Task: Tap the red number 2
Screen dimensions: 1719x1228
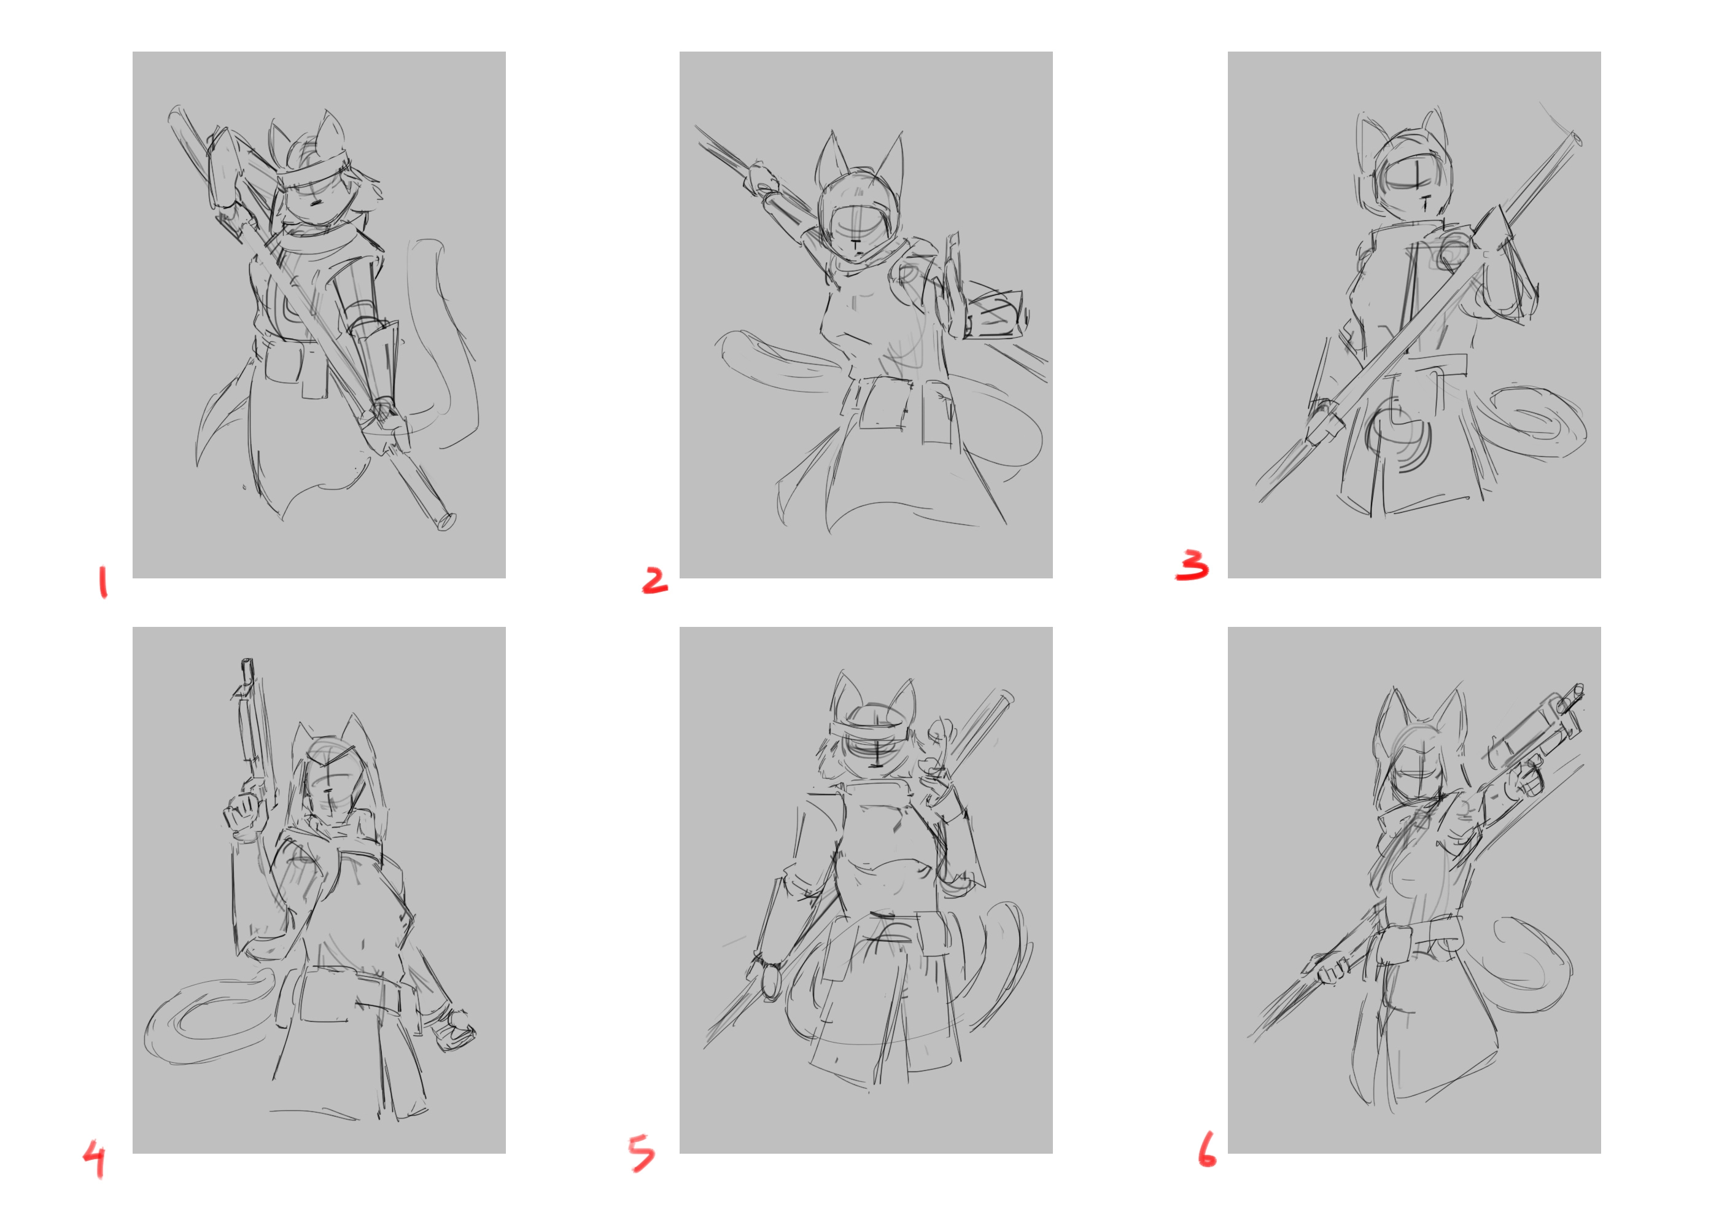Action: tap(654, 580)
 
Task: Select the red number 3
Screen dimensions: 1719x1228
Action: tap(1192, 565)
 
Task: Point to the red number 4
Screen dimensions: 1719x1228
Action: tap(95, 1159)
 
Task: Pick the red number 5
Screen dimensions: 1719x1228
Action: tap(642, 1152)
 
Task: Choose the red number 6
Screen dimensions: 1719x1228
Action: tap(1207, 1149)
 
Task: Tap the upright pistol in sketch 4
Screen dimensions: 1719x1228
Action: tap(252, 726)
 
